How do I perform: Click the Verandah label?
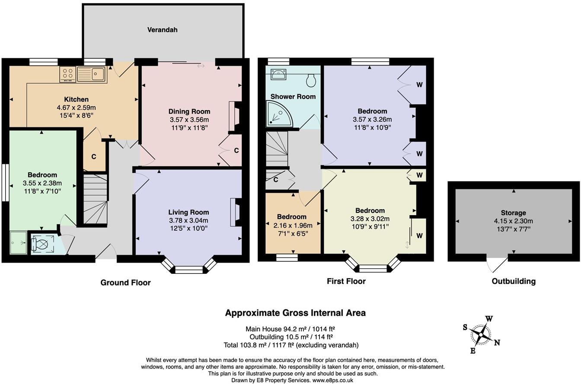[162, 30]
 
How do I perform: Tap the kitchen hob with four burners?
[67, 74]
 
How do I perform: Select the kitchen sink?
[91, 74]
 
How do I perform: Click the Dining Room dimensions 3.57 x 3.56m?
[189, 120]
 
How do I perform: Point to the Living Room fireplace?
[236, 212]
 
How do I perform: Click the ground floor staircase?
[95, 199]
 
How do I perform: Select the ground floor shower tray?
[18, 243]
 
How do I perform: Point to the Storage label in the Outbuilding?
[513, 213]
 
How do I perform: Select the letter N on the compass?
[497, 343]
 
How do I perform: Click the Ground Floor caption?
[125, 282]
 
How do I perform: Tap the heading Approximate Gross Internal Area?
[295, 313]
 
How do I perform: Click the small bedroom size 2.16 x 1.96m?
[292, 225]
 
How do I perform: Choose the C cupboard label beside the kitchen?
[94, 156]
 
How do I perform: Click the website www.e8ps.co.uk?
[332, 381]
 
